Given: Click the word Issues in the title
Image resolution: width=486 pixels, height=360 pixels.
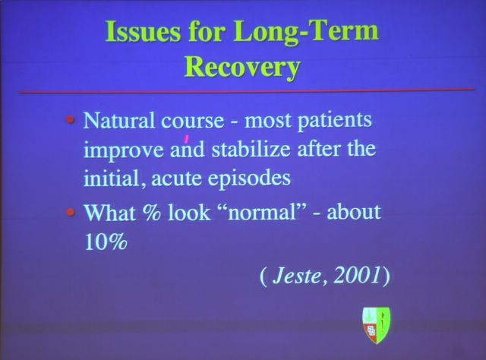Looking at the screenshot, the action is tap(143, 32).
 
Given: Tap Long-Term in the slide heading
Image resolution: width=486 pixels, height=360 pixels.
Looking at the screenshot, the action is tap(306, 32).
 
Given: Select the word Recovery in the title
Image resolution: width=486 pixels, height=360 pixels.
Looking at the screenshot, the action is tap(243, 68).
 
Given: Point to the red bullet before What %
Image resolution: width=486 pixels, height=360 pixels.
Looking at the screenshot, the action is tap(71, 213).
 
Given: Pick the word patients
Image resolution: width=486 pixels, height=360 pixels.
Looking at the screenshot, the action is tap(335, 120).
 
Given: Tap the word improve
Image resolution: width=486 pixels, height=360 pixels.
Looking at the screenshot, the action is tap(124, 150).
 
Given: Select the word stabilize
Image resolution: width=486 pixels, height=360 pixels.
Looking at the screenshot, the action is tap(251, 149).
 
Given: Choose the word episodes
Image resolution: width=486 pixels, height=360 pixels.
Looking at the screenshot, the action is tap(249, 178).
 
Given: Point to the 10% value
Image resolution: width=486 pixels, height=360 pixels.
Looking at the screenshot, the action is tap(106, 241).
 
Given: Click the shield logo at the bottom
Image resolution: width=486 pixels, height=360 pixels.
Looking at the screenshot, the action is tap(377, 325).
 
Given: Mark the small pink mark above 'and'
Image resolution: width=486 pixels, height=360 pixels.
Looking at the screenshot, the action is tap(187, 138).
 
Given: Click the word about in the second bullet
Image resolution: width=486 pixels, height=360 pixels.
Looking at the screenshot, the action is tap(353, 211).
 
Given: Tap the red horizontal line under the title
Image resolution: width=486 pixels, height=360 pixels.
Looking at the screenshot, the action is tap(246, 91).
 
